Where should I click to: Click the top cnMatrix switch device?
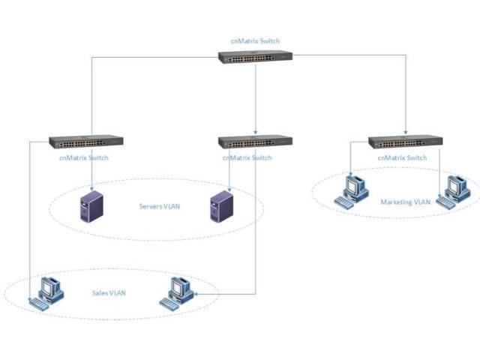pyautogui.click(x=256, y=56)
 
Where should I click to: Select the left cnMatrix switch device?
pyautogui.click(x=86, y=141)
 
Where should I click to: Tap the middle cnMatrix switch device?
pyautogui.click(x=255, y=141)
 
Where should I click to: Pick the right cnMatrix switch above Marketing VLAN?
pyautogui.click(x=406, y=141)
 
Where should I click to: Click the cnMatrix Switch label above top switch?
pyautogui.click(x=256, y=41)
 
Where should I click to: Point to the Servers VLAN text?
pyautogui.click(x=160, y=206)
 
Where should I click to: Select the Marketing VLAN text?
pyautogui.click(x=405, y=202)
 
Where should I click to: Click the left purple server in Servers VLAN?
pyautogui.click(x=91, y=207)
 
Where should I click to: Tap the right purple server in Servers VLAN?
pyautogui.click(x=220, y=207)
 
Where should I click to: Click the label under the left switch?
pyautogui.click(x=83, y=158)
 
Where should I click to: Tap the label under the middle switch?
pyautogui.click(x=251, y=158)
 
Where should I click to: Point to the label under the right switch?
pyautogui.click(x=403, y=158)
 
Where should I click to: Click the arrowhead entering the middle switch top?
pyautogui.click(x=256, y=132)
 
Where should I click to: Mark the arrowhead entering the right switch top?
pyautogui.click(x=406, y=132)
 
